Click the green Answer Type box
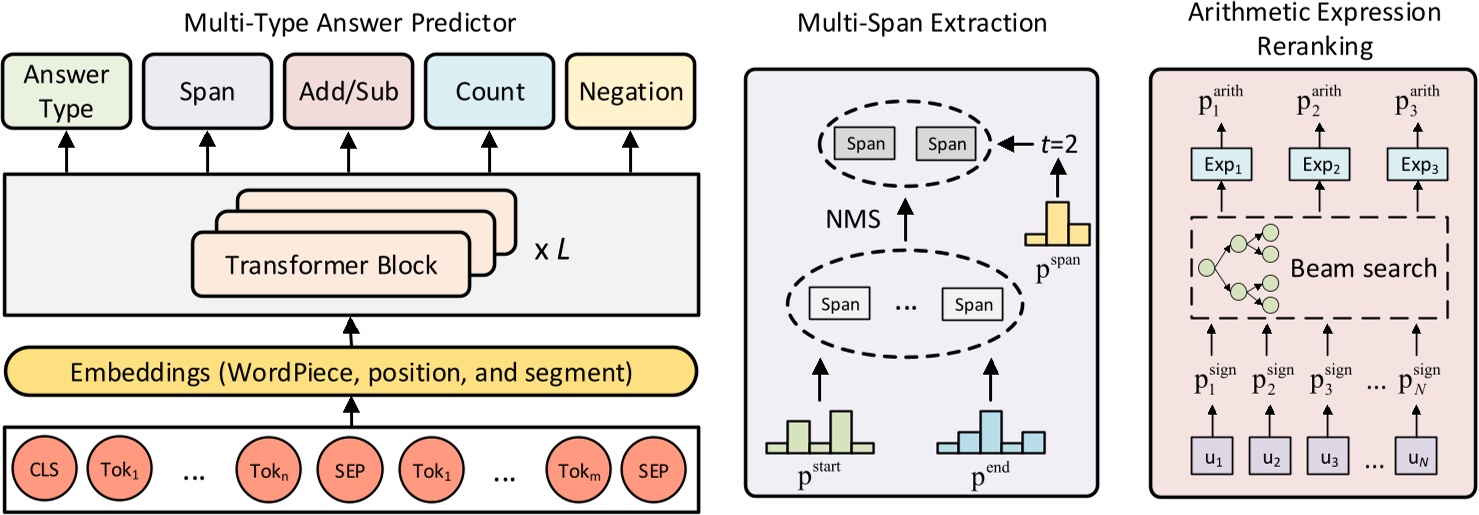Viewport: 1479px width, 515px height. point(67,92)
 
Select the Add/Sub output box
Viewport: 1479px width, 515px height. point(349,92)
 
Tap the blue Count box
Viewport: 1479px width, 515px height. point(490,92)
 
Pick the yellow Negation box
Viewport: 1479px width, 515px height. point(631,92)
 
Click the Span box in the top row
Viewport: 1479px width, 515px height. point(207,92)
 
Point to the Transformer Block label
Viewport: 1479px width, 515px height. point(331,265)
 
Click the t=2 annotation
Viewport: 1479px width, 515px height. point(1057,143)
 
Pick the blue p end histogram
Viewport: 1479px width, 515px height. point(991,432)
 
